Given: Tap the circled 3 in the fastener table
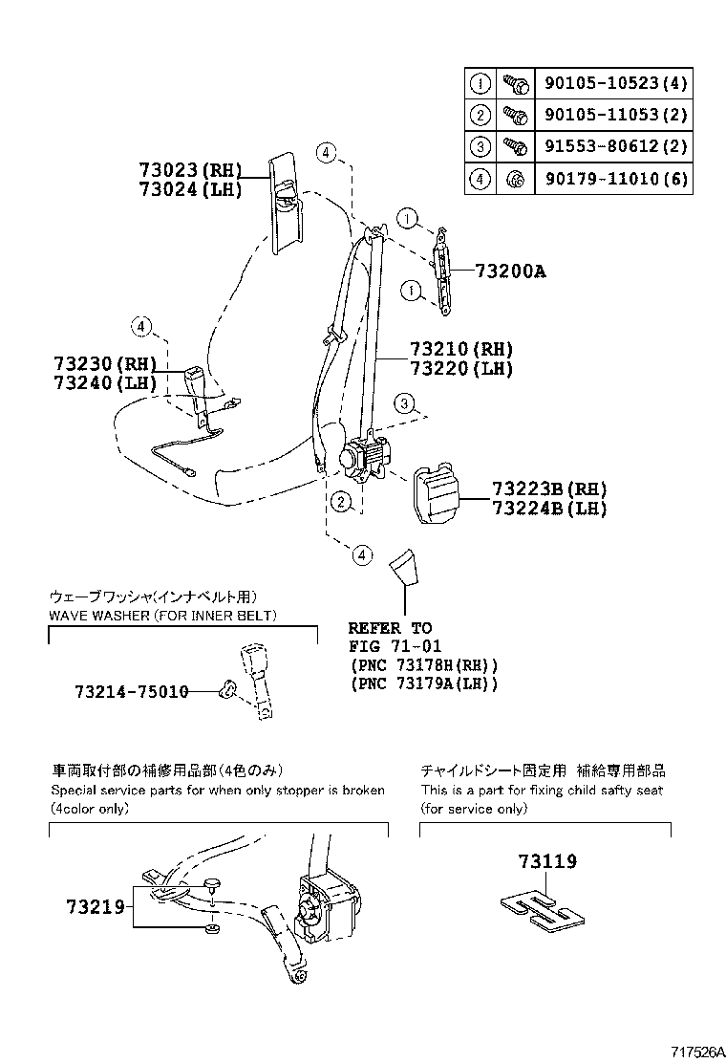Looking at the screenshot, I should click(480, 147).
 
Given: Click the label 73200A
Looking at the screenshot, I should click(510, 271).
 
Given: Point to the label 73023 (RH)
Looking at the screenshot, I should click(186, 171).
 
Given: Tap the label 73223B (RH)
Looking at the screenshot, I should click(549, 488).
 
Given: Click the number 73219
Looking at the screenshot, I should click(95, 905).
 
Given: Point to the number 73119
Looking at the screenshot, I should click(547, 862).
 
